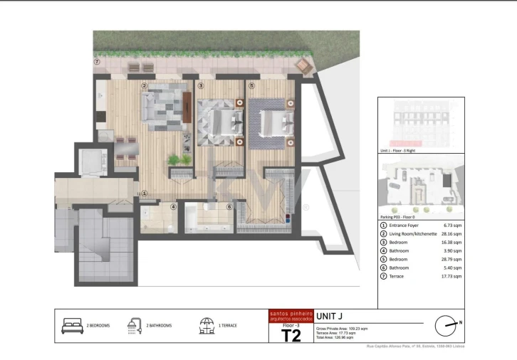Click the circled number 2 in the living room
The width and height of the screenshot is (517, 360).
144,87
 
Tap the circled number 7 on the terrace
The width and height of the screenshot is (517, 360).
97,62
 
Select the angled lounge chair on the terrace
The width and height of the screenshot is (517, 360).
304,66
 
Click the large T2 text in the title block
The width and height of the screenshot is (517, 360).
291,334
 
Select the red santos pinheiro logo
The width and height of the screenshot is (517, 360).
291,315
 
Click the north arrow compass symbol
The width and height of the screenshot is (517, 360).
447,325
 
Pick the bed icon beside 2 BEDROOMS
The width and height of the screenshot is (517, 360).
73,326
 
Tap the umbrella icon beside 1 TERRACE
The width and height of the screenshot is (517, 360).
207,326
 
